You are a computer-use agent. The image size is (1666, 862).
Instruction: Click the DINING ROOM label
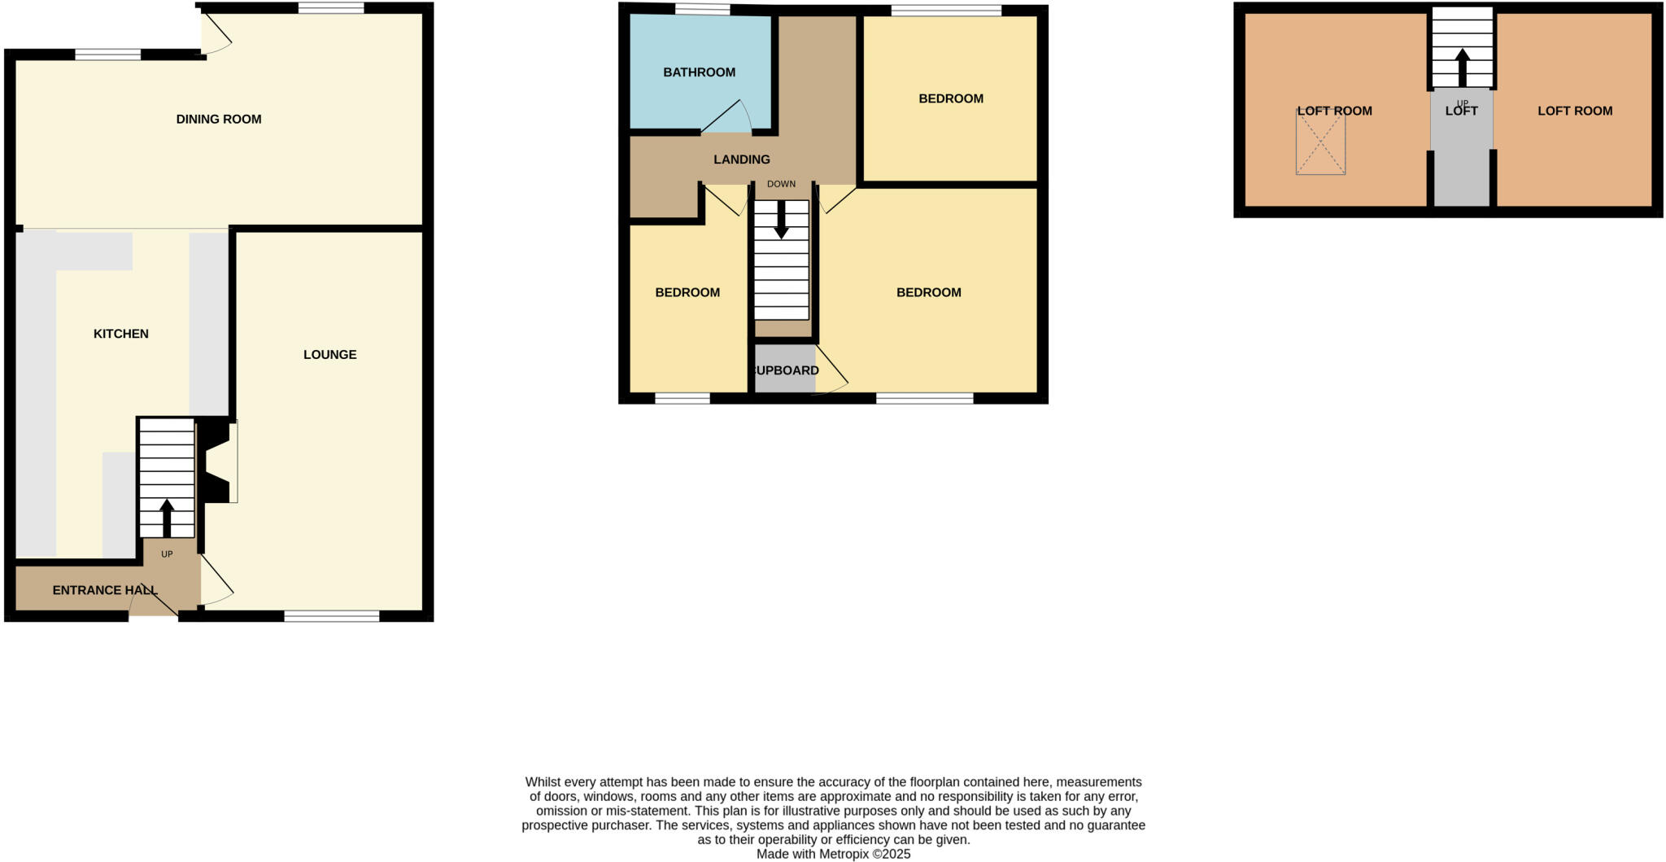point(219,120)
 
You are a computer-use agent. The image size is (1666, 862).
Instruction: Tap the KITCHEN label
point(121,334)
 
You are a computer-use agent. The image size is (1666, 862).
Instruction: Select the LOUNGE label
point(329,355)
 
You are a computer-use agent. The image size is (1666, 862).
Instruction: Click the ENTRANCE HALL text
point(105,590)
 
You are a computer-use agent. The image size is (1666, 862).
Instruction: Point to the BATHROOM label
point(699,72)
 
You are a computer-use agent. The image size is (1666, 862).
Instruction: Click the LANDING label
point(741,160)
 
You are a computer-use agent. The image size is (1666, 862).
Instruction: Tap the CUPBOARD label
point(785,371)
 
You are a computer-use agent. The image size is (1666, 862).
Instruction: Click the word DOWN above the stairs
point(781,184)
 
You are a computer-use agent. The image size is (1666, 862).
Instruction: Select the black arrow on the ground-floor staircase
point(167,517)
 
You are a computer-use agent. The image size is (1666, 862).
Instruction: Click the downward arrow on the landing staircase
point(781,220)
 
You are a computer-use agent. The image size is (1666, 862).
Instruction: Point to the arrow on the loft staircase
point(1462,67)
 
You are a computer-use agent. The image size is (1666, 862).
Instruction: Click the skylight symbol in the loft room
point(1320,142)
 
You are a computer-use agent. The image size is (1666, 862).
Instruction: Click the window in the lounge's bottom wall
point(331,616)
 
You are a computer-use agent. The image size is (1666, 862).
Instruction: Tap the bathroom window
point(702,10)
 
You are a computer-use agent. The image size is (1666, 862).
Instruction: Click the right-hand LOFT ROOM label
point(1574,112)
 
